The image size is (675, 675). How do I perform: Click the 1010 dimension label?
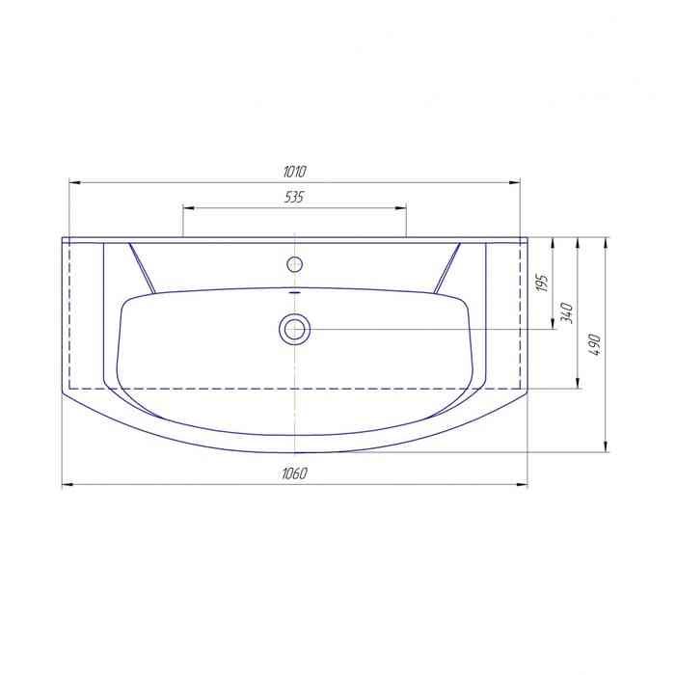[x=295, y=172]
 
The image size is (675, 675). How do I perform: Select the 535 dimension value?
[x=294, y=197]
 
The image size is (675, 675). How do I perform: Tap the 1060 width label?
[x=295, y=473]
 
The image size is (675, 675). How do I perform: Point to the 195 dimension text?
[x=543, y=283]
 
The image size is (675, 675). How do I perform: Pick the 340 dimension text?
[x=567, y=313]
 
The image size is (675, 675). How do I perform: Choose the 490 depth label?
[x=595, y=344]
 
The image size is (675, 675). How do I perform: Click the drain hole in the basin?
[x=295, y=330]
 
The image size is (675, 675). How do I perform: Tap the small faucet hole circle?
[x=295, y=264]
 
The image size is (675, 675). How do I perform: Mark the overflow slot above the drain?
[x=295, y=291]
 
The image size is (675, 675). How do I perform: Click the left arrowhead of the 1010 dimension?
[x=75, y=183]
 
